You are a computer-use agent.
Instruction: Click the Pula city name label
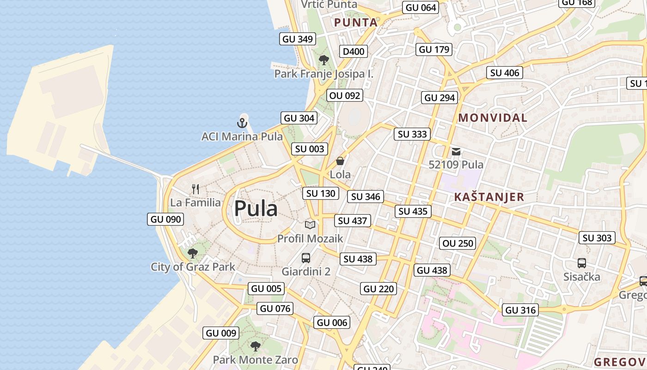point(256,209)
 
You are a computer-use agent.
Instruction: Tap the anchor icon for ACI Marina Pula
point(242,123)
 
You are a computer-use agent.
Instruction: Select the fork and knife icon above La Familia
point(195,189)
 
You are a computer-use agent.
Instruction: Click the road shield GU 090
point(165,219)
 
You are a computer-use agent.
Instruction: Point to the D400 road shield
point(354,51)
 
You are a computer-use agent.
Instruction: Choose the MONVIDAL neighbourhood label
point(493,118)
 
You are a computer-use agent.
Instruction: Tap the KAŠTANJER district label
point(489,197)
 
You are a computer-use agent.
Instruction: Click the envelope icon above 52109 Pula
point(456,151)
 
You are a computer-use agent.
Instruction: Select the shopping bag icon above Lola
point(340,161)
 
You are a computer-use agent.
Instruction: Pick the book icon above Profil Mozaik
point(310,225)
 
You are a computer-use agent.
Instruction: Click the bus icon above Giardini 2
point(306,258)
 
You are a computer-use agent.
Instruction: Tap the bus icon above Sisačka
point(582,263)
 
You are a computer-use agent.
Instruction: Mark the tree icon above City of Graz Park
point(193,253)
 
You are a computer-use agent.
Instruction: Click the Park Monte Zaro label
point(255,359)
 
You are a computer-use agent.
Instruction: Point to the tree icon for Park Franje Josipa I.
point(324,60)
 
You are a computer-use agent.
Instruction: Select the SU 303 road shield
point(597,238)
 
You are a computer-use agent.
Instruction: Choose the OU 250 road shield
point(458,243)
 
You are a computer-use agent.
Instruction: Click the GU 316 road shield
point(521,310)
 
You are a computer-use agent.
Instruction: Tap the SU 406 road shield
point(505,73)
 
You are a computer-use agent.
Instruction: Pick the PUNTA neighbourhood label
point(356,22)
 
